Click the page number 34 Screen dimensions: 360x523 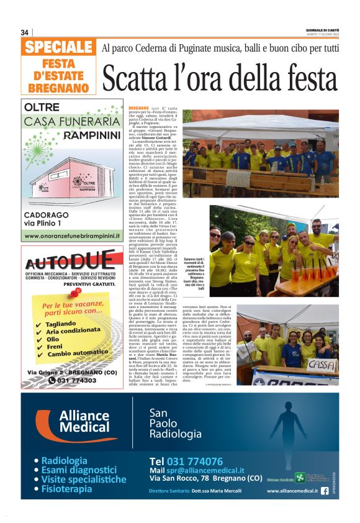point(25,32)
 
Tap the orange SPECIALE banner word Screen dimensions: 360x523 point(59,47)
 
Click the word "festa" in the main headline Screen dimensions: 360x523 point(299,77)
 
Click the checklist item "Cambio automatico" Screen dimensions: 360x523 point(74,353)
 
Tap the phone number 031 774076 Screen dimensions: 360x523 point(186,461)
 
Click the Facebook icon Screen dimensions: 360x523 point(325,491)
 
